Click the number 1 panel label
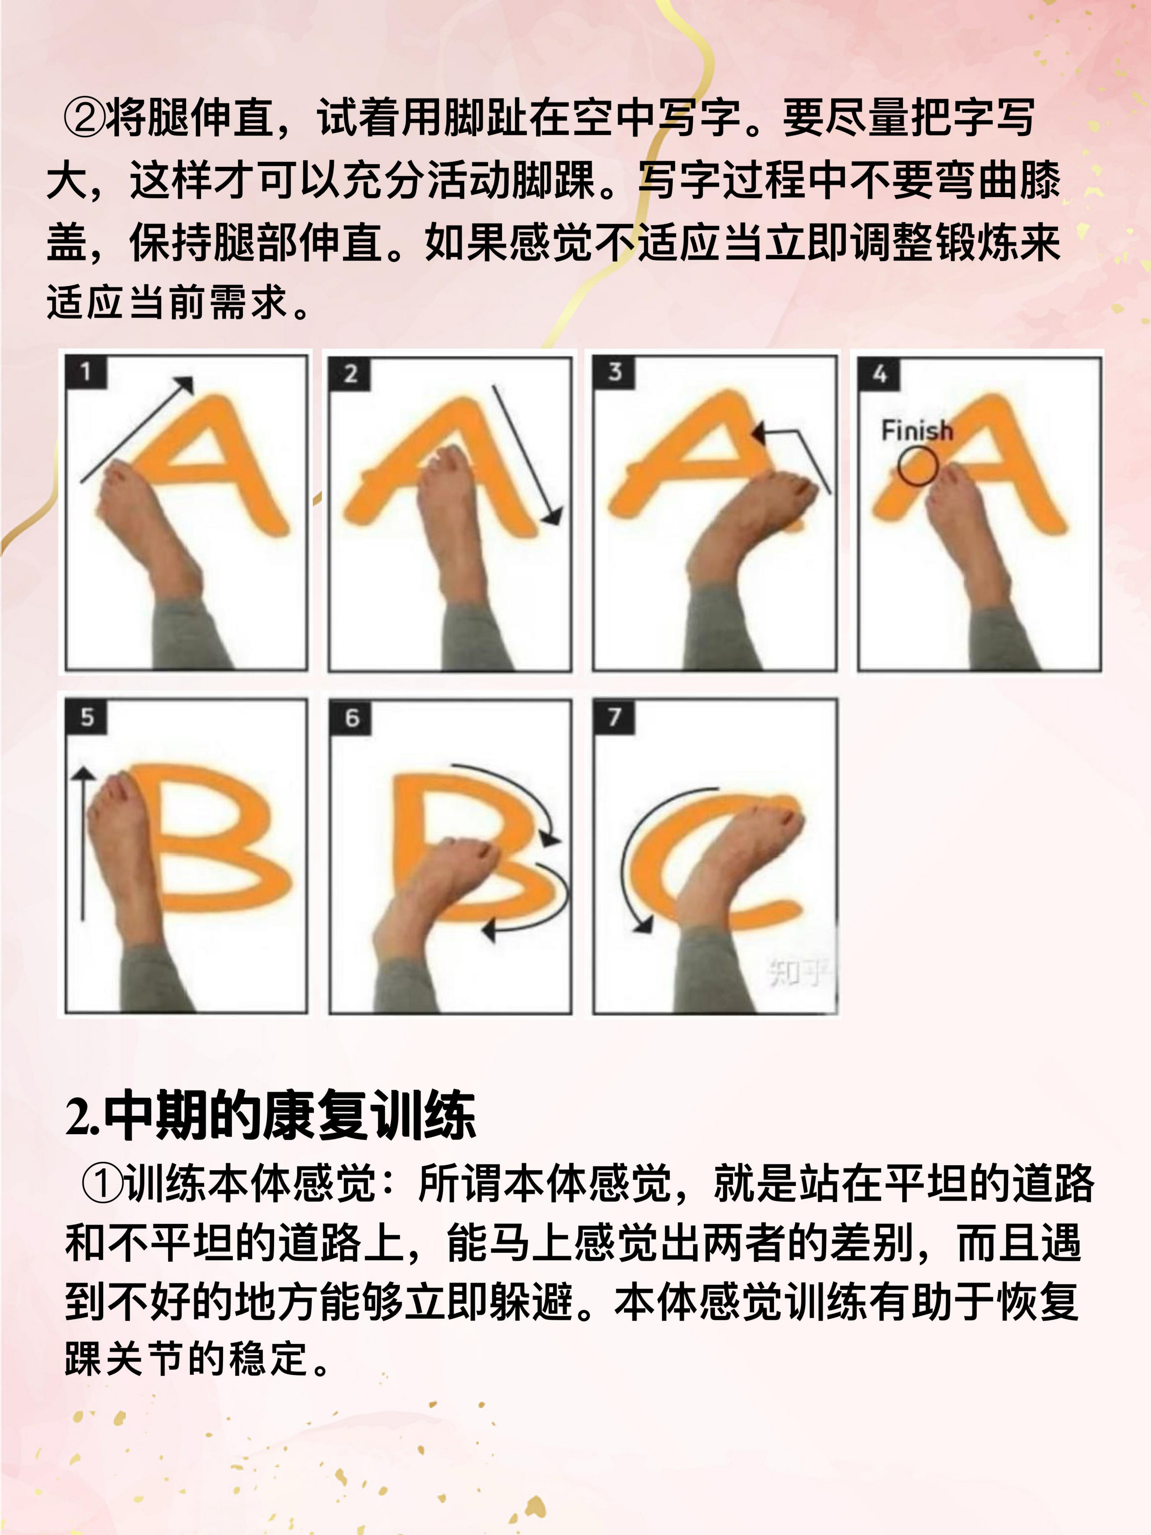[x=85, y=372]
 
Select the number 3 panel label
[x=614, y=372]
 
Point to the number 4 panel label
[x=880, y=373]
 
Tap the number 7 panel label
[x=614, y=716]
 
